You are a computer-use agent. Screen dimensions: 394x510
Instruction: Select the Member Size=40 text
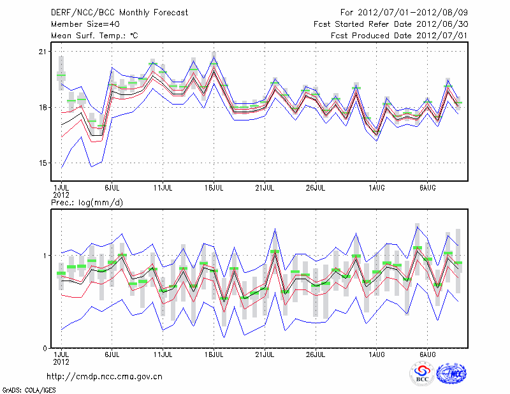[80, 24]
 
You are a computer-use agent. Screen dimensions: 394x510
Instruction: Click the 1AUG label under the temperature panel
[376, 187]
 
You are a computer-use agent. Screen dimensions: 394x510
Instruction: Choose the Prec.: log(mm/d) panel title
[87, 202]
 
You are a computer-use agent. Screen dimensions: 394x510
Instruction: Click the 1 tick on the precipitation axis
[45, 256]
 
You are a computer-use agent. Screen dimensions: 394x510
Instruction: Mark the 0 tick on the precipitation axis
[45, 348]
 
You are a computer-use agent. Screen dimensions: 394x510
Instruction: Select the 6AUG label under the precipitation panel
[427, 354]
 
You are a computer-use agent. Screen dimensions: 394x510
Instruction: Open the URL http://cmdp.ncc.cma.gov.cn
[105, 376]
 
